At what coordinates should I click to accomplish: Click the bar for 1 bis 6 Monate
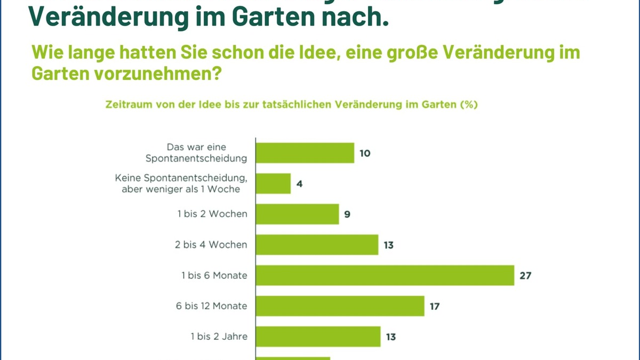(385, 275)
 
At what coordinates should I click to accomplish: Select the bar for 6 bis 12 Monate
(340, 306)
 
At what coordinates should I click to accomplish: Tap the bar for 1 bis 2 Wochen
(298, 214)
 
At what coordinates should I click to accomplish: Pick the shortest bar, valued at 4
(274, 183)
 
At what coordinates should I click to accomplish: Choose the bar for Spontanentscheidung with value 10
(305, 153)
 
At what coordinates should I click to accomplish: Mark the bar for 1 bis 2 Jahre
(318, 337)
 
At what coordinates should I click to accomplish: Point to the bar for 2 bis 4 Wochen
(317, 245)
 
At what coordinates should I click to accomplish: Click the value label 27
(525, 276)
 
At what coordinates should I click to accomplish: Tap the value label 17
(434, 307)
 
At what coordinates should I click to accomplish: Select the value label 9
(347, 214)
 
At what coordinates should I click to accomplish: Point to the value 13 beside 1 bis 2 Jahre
(390, 337)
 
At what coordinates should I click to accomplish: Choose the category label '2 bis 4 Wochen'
(212, 245)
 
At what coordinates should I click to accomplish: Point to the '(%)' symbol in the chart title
(468, 105)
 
